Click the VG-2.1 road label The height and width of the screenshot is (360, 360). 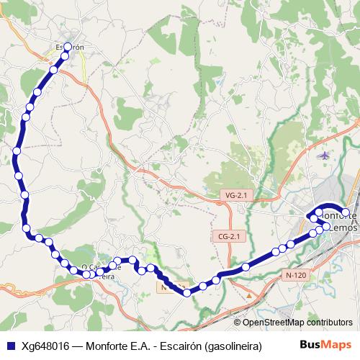[235, 195]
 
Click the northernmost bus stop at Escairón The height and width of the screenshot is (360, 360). [68, 47]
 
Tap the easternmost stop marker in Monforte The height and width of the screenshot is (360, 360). [346, 212]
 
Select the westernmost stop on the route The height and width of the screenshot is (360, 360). [16, 151]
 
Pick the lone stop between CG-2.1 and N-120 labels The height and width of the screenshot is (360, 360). [246, 267]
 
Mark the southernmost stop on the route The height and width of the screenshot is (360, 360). [187, 292]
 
